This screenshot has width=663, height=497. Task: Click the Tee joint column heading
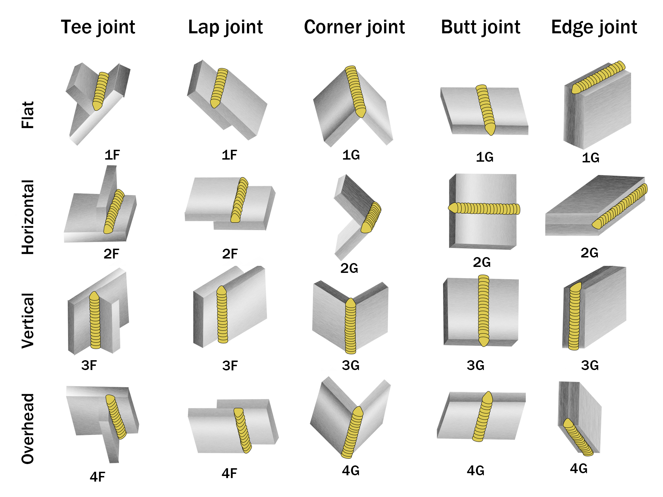[98, 27]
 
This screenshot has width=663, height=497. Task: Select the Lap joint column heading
[225, 27]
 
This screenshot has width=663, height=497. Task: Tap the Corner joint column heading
[354, 27]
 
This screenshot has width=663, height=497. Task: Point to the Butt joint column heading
[481, 27]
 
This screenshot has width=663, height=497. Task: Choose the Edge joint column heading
[594, 27]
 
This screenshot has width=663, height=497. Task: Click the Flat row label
[28, 115]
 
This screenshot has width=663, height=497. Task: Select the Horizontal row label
[28, 217]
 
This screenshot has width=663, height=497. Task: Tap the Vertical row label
[28, 321]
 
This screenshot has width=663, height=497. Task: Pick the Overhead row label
[28, 429]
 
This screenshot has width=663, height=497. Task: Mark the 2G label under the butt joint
[482, 262]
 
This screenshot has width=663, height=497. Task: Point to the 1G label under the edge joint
[590, 158]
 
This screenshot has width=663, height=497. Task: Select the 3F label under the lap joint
[230, 366]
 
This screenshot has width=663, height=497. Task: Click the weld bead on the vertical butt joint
[483, 310]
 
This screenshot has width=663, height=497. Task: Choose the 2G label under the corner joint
[349, 268]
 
